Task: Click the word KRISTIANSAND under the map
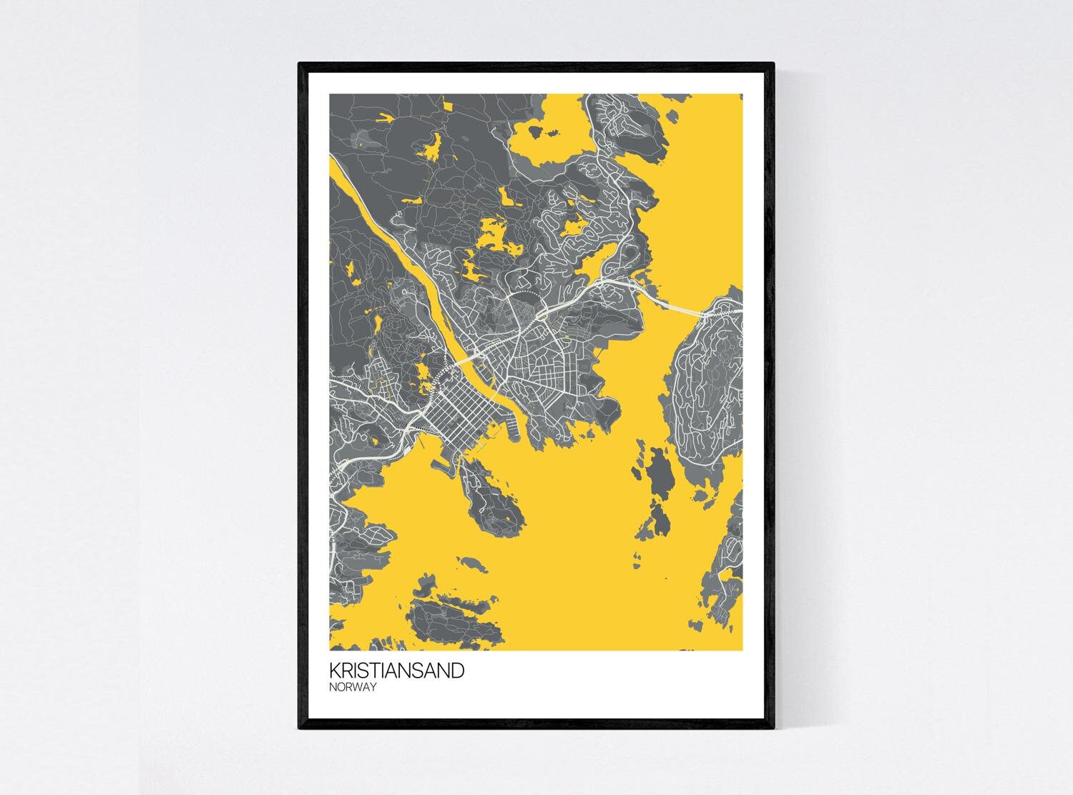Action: click(x=396, y=670)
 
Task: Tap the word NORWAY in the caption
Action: click(x=353, y=687)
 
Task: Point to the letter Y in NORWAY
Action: click(x=373, y=687)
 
